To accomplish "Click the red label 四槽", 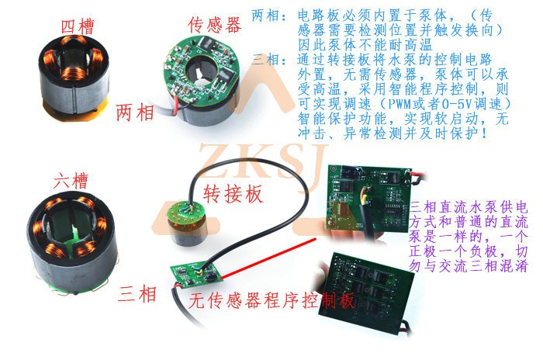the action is (78, 26).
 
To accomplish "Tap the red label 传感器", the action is (214, 25).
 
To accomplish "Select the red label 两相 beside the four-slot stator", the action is (135, 112).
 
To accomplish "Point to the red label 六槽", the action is (71, 181).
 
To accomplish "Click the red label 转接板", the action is (233, 193).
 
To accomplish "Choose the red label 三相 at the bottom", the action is (137, 294).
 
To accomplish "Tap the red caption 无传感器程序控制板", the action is (271, 300).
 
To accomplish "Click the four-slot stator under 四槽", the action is (74, 77).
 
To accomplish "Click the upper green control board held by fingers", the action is (368, 198).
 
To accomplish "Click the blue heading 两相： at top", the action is (269, 16).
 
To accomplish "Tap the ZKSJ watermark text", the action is (263, 162).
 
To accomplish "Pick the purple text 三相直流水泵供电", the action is (469, 207).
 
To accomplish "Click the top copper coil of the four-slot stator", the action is (74, 40).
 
